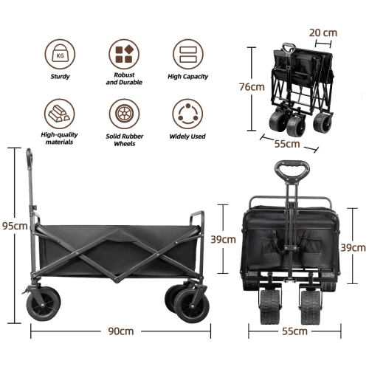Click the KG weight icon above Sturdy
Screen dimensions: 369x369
tap(60, 54)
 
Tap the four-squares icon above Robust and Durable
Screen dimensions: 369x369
tap(124, 54)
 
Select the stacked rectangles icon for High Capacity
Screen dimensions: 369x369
tap(188, 54)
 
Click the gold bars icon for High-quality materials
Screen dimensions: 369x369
tap(60, 114)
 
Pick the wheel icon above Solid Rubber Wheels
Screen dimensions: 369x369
tap(124, 114)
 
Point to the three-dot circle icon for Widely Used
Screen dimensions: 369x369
tap(187, 114)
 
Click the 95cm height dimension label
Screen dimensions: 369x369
tap(15, 226)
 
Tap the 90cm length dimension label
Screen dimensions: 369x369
tap(121, 331)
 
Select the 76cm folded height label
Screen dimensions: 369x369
tap(252, 87)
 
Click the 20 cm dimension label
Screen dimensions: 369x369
tap(323, 32)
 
